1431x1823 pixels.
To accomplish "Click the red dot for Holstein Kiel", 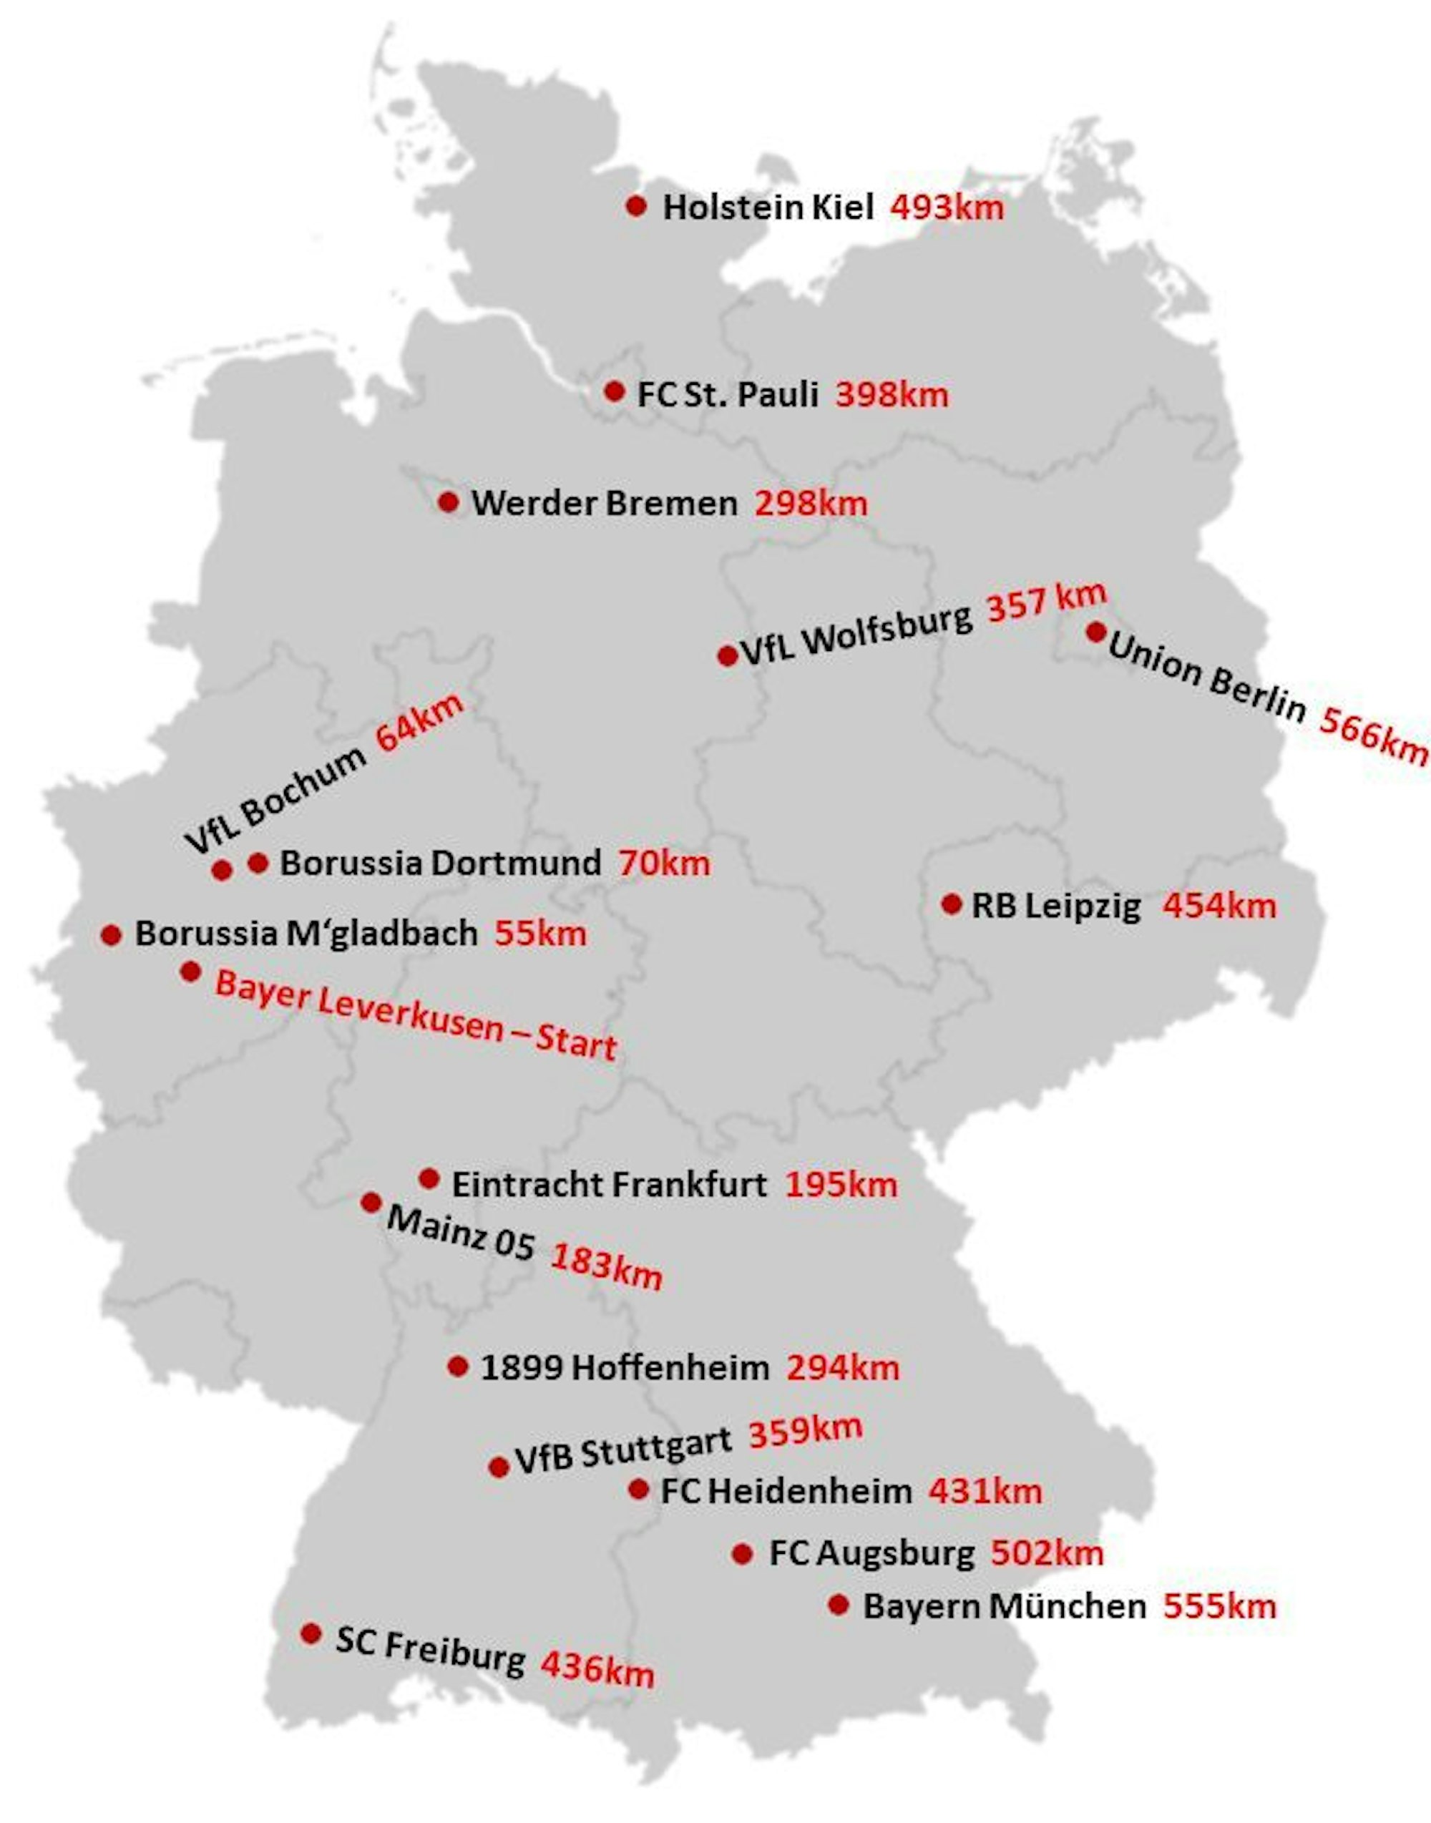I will [x=636, y=205].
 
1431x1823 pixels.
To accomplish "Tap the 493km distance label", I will [x=947, y=207].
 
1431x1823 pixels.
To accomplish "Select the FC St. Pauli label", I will [x=727, y=395].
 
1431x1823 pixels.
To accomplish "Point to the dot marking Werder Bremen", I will [x=448, y=502].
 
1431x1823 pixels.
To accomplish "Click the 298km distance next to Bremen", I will [x=811, y=504].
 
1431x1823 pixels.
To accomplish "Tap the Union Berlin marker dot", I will [x=1096, y=632].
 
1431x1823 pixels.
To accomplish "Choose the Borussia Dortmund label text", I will [x=440, y=863].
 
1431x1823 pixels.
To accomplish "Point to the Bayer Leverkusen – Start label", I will [x=416, y=1016].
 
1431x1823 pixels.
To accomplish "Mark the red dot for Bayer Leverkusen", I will [x=190, y=972].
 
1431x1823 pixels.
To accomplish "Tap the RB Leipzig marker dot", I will [x=951, y=904].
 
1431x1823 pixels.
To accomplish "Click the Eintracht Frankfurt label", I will [x=609, y=1185].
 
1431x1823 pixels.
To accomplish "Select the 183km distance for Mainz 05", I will [x=606, y=1265].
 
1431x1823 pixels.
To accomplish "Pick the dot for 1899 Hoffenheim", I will [x=457, y=1367].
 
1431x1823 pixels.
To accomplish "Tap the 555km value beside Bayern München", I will [x=1219, y=1607].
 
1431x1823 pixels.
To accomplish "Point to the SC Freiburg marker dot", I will [x=311, y=1633].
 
